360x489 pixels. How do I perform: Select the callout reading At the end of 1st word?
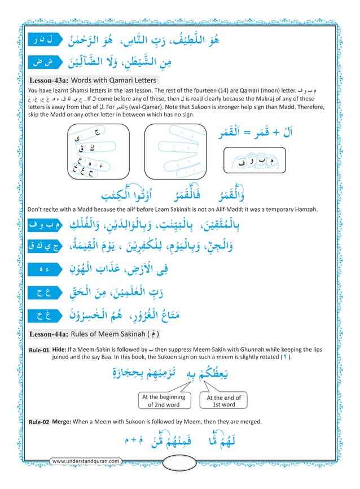(x=224, y=401)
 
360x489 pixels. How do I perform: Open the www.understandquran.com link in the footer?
(x=85, y=461)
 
